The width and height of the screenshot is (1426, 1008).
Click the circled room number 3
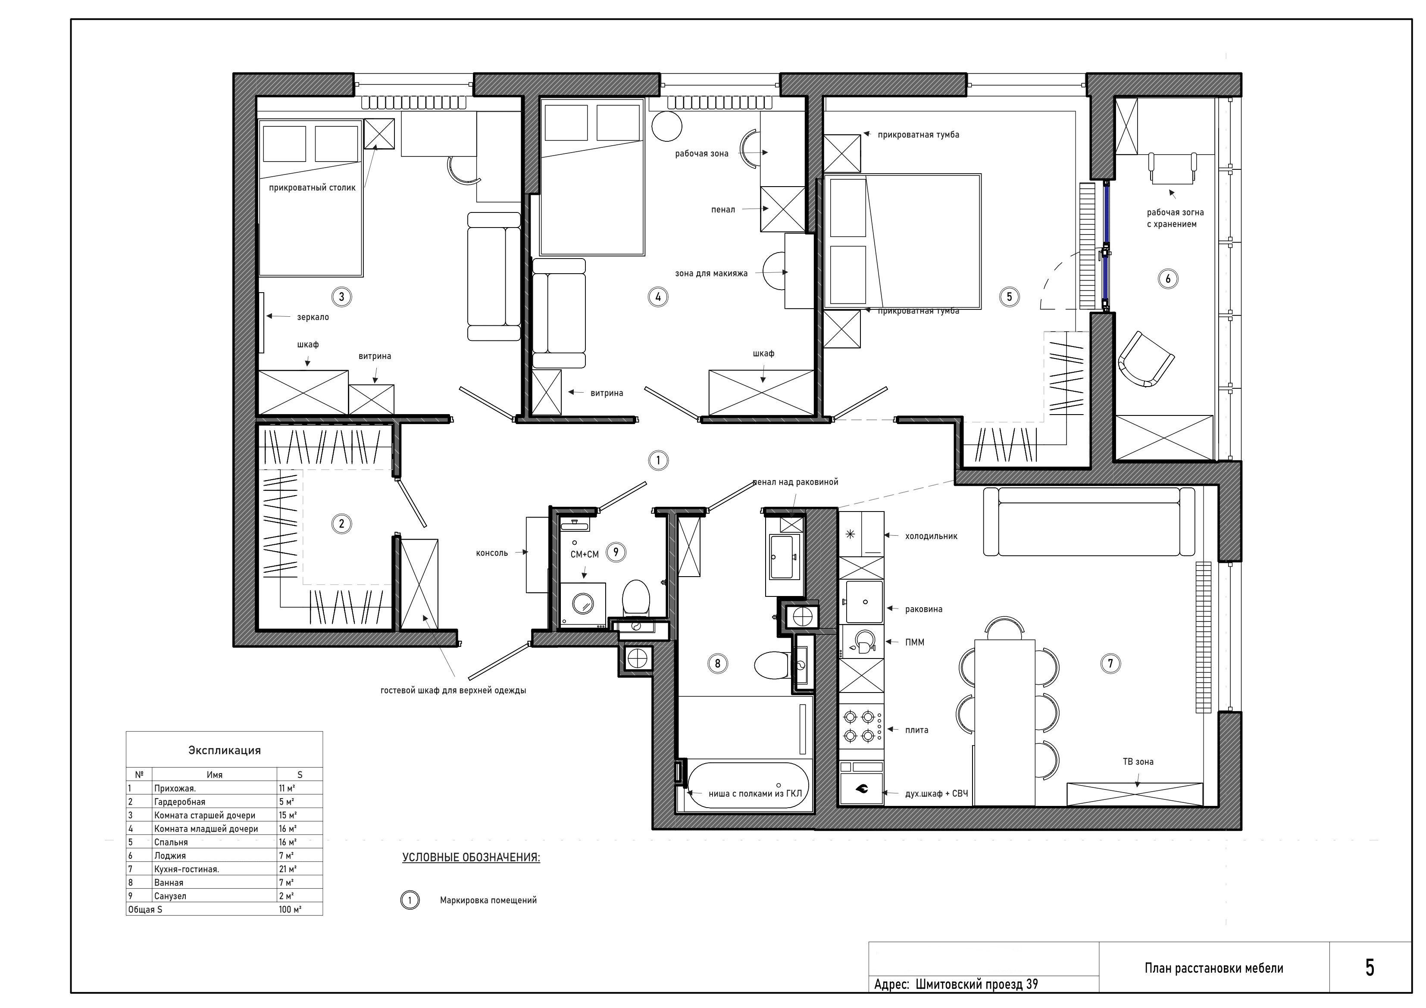click(341, 297)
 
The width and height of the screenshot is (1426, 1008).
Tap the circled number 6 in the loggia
click(1168, 279)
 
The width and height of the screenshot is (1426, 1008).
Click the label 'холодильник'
click(931, 536)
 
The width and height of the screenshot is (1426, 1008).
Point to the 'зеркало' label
click(313, 317)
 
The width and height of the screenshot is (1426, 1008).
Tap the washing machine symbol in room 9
click(583, 603)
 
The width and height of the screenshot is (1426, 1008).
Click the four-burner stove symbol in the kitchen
click(861, 727)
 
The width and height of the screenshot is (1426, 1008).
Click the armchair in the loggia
click(1146, 359)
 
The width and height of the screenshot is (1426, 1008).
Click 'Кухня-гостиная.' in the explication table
click(186, 869)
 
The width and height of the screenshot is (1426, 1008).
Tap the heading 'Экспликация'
click(224, 750)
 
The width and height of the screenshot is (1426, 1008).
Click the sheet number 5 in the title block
click(1370, 967)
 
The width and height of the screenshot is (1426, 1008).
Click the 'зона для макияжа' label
click(711, 273)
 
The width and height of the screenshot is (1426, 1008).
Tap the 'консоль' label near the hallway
click(492, 553)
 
